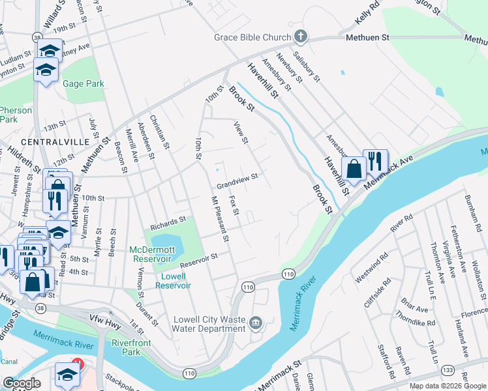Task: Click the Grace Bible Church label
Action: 252,37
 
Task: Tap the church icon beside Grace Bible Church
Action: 300,36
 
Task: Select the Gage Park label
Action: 84,83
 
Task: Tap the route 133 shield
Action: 448,369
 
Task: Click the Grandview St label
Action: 237,181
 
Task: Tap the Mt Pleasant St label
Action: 219,219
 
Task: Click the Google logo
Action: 22,383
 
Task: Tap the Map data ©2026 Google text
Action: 448,386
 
